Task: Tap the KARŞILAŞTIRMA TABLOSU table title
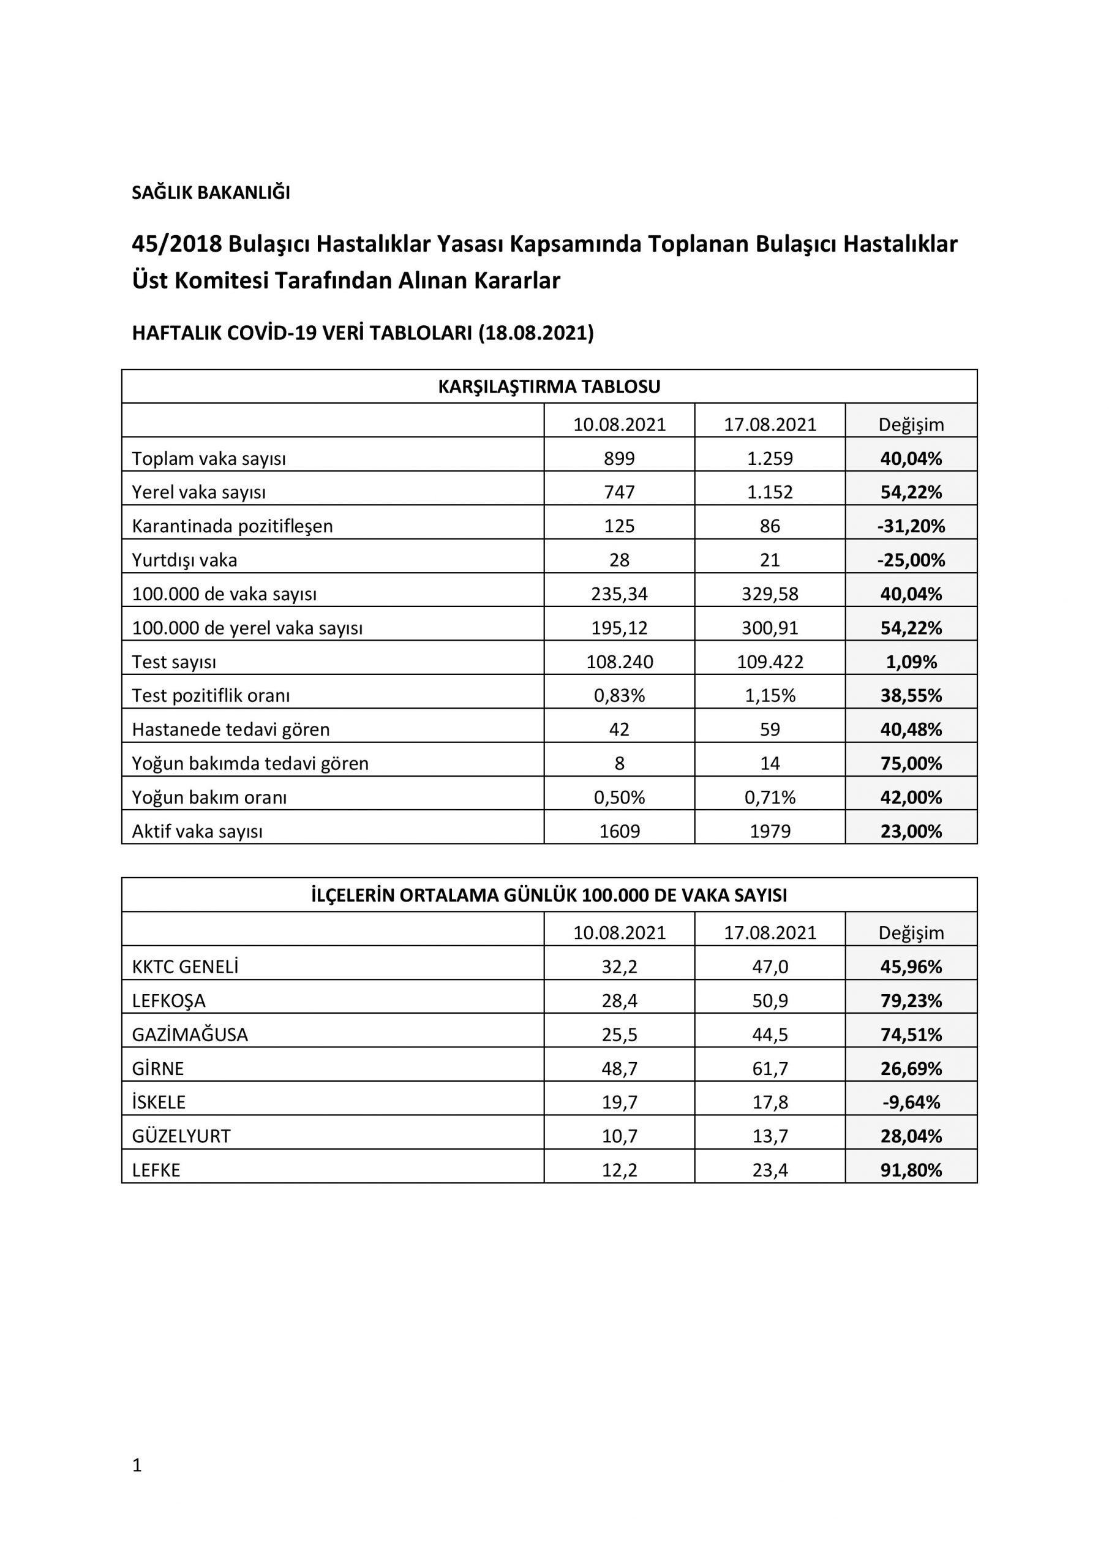point(549,387)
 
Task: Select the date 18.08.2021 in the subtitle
point(535,333)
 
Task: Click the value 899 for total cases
point(618,458)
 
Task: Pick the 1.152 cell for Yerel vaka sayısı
point(770,492)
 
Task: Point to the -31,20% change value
point(911,527)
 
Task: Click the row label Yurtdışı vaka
point(184,560)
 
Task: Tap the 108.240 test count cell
point(618,661)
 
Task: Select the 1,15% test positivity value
point(770,696)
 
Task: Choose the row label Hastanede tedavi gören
point(230,729)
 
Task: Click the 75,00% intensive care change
point(911,764)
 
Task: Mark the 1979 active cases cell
point(770,831)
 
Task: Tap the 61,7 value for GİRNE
point(770,1069)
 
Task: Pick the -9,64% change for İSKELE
point(911,1102)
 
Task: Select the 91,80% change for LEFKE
point(911,1170)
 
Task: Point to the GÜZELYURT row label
point(181,1136)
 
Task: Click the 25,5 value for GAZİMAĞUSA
point(618,1035)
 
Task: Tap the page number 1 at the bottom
point(137,1465)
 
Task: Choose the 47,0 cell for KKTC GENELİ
point(770,967)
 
